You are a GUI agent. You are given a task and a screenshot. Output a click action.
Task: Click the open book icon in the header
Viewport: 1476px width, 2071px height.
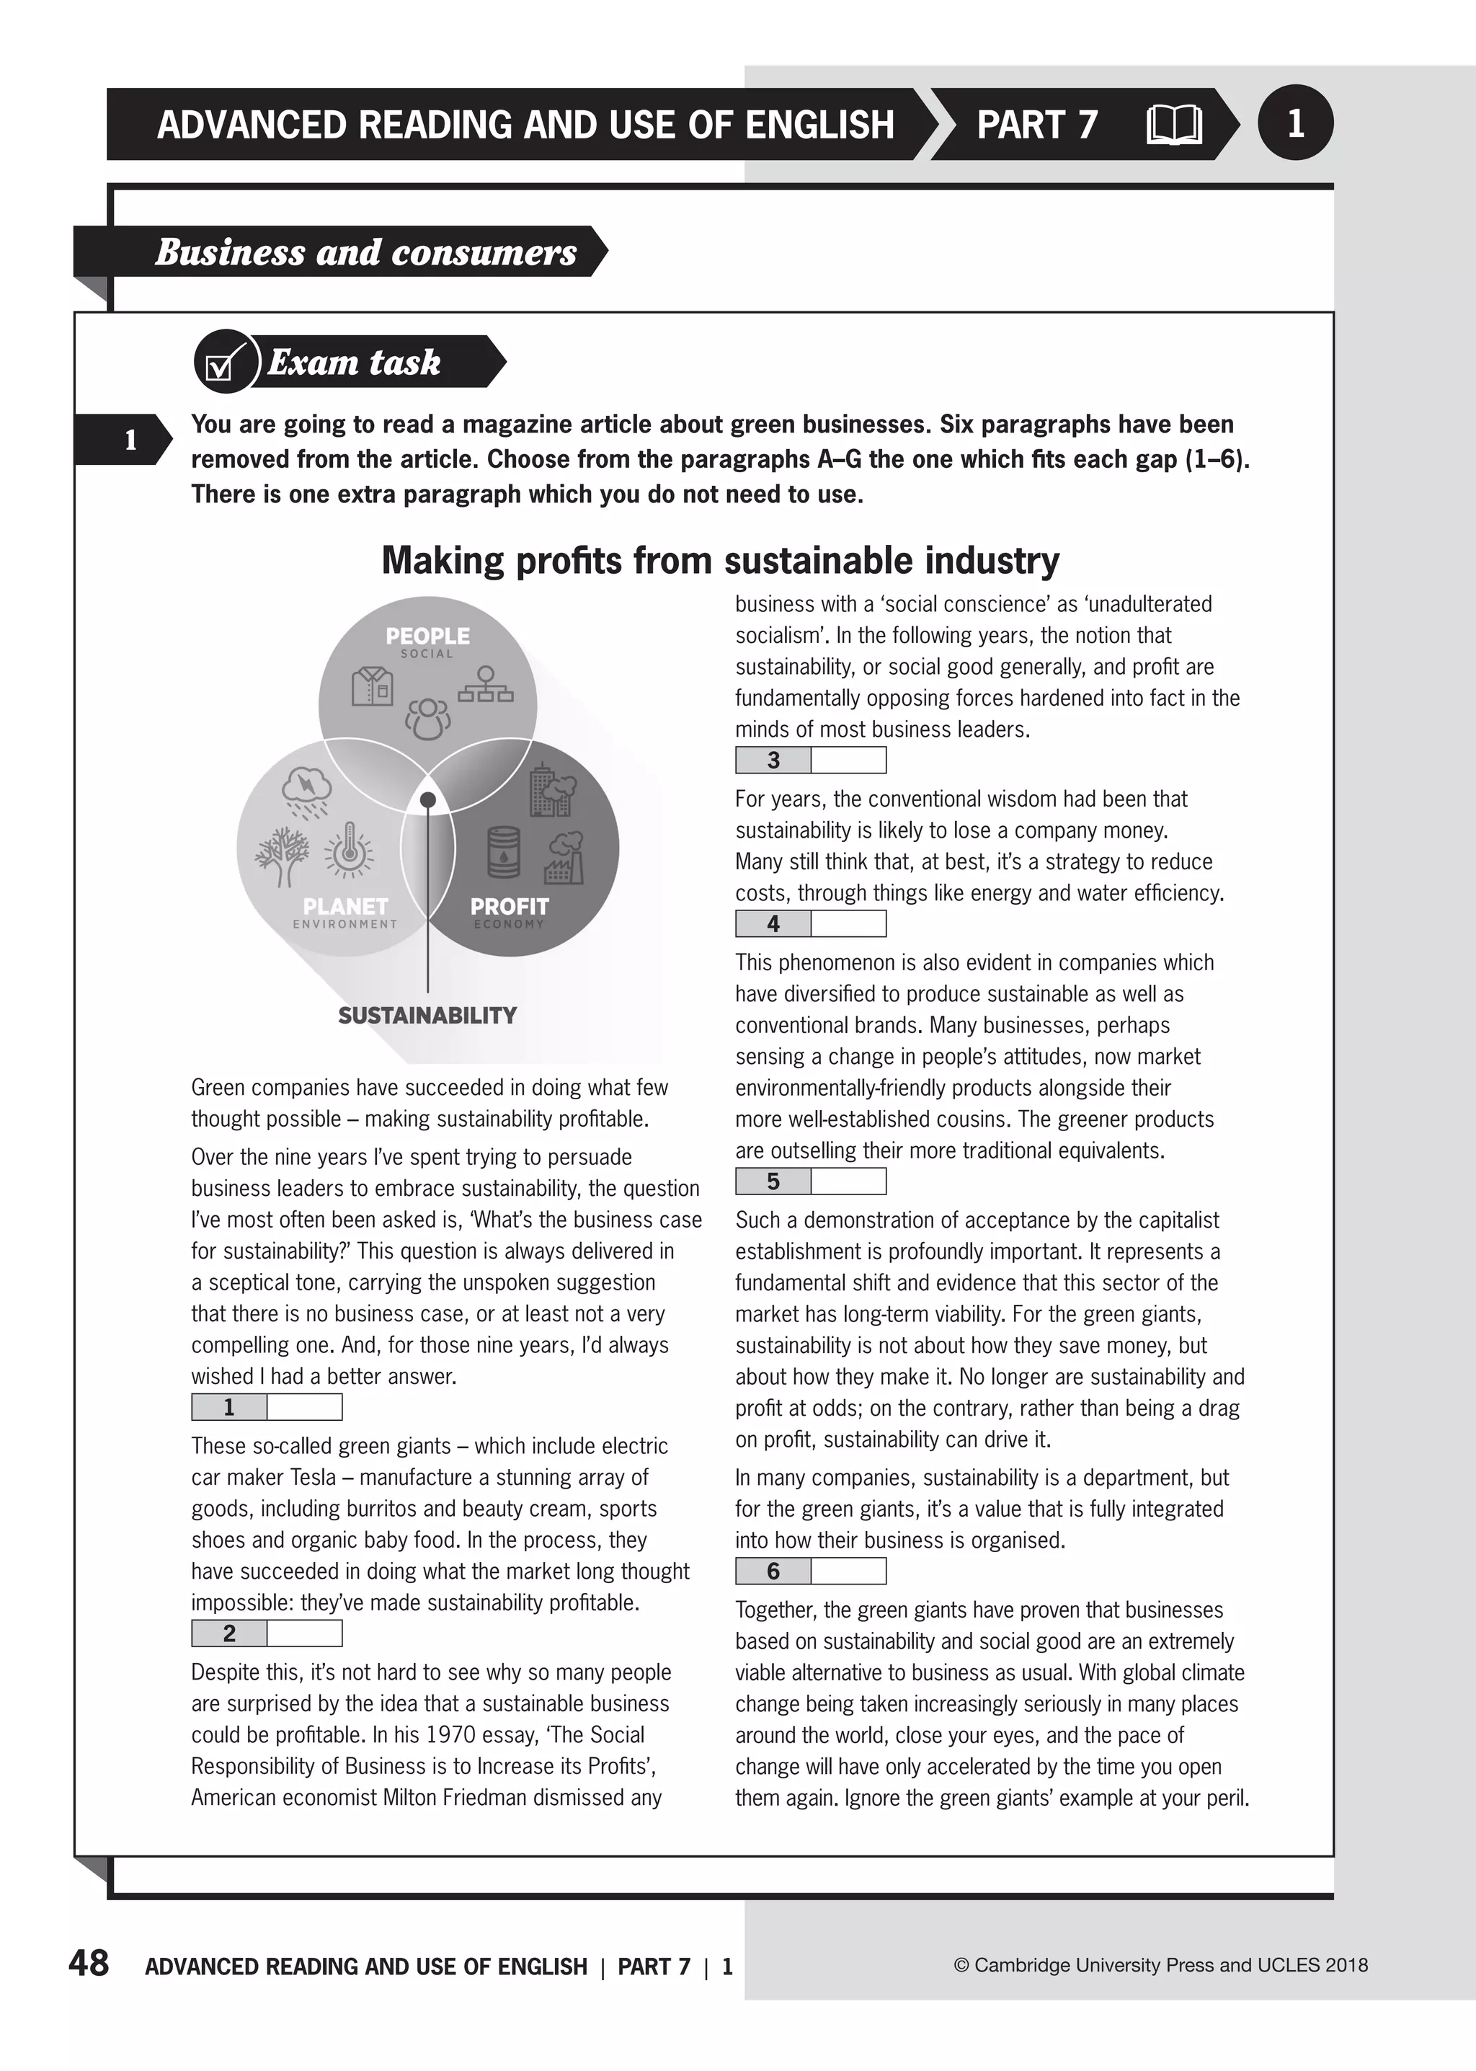[x=1173, y=125]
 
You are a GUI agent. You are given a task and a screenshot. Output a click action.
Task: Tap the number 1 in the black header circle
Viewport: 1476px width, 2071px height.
[x=1295, y=123]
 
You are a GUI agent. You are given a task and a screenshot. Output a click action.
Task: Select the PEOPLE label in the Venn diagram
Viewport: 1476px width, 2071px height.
[x=427, y=637]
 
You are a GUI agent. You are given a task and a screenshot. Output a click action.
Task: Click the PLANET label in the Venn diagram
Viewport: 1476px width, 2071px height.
[x=345, y=906]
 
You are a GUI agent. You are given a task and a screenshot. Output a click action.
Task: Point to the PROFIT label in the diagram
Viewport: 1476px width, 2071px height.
[x=509, y=906]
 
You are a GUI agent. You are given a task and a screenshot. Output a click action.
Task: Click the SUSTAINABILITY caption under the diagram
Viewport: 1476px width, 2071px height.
[x=427, y=1016]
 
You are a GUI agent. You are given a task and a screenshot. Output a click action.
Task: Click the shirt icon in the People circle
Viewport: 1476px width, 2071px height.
[x=373, y=686]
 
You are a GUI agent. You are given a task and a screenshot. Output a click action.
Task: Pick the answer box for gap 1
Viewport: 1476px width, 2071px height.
[x=304, y=1407]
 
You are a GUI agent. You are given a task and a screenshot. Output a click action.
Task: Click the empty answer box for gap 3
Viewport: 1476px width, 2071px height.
[x=848, y=760]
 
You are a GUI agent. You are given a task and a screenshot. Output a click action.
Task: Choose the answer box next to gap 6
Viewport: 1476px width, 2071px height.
[x=848, y=1571]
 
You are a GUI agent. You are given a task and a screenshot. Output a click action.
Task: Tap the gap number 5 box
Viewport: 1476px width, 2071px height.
[x=773, y=1181]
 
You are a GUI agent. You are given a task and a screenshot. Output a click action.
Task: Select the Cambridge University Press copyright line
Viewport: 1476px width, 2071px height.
[x=1160, y=1966]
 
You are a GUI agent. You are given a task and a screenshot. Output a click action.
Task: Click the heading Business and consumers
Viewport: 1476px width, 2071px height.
[x=365, y=252]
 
